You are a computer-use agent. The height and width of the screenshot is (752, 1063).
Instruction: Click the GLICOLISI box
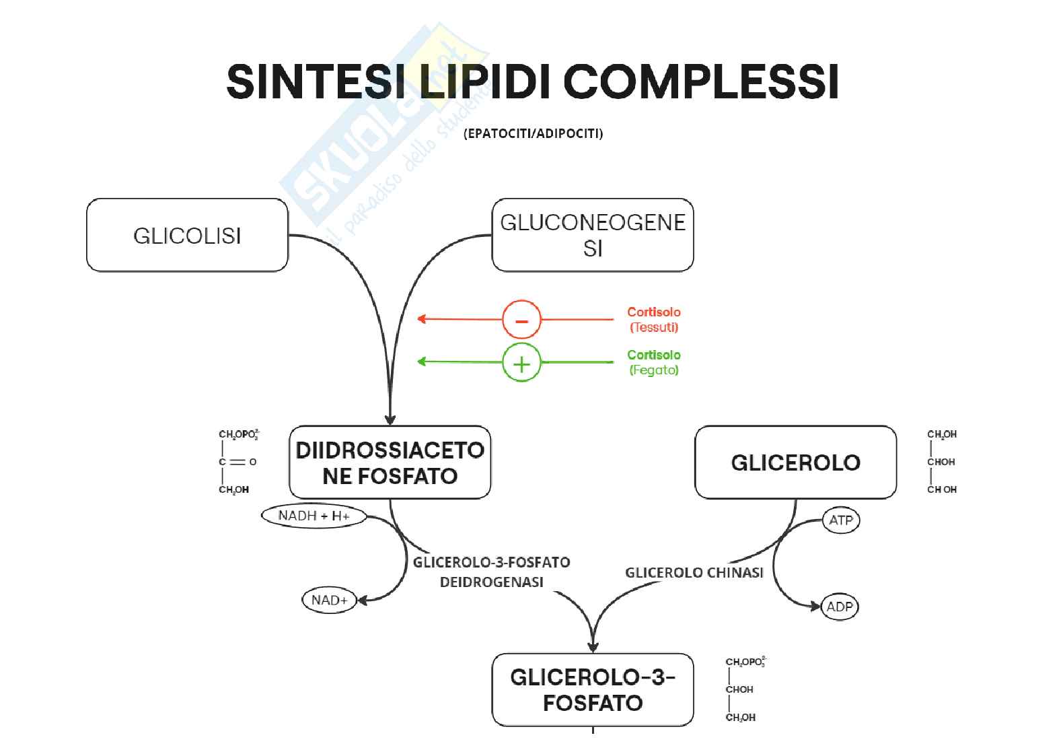point(187,235)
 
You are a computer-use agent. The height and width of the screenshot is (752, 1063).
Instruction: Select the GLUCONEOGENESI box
point(592,235)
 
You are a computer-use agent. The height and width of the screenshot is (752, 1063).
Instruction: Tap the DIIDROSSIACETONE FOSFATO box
point(390,463)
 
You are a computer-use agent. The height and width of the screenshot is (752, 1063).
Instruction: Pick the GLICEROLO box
point(795,463)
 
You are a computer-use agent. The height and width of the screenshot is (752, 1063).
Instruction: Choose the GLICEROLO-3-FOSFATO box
point(592,689)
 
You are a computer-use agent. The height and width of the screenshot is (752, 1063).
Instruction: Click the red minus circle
point(521,320)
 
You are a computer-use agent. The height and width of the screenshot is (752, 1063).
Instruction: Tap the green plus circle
point(521,363)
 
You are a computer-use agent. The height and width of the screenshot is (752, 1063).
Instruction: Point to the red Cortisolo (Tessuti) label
point(653,320)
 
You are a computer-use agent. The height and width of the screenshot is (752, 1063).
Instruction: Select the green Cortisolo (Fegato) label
point(653,362)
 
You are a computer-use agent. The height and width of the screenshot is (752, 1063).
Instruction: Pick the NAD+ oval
point(329,600)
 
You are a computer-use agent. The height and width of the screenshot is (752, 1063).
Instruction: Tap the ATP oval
point(841,520)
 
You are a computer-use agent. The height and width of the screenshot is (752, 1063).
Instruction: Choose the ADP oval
point(840,607)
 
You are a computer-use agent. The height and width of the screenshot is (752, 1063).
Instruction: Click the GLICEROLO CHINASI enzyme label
point(694,573)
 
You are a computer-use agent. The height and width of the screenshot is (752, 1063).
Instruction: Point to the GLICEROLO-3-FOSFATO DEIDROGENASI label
point(491,572)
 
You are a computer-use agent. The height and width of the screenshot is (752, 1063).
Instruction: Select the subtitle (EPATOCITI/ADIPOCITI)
point(533,133)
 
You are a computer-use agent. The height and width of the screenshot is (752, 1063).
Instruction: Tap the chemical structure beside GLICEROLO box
point(942,462)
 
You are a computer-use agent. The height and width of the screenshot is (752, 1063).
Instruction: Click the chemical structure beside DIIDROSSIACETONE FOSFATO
point(237,462)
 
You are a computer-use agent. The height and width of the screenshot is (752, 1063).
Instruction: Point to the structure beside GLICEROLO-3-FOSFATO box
point(744,689)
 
